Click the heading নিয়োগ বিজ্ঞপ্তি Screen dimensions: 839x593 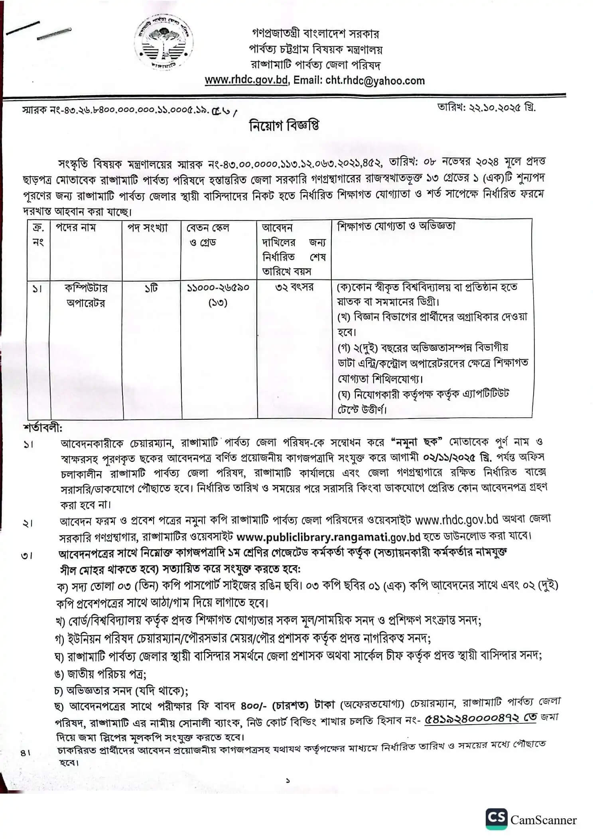coord(284,126)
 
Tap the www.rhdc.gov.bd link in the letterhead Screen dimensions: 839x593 coord(246,81)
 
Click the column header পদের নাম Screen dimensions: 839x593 coord(76,228)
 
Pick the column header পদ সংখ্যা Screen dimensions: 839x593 coord(148,228)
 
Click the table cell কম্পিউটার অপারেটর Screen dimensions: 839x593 coord(86,295)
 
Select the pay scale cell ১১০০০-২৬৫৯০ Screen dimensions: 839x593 coord(218,288)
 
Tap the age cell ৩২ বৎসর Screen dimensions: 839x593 coord(294,287)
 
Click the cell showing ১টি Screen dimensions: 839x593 coord(151,288)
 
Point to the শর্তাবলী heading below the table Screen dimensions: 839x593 coord(43,428)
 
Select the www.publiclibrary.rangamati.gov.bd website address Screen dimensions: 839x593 coord(328,537)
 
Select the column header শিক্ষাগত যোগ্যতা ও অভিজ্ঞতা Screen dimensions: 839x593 coord(396,226)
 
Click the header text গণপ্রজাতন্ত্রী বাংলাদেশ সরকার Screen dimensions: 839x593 coord(315,33)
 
